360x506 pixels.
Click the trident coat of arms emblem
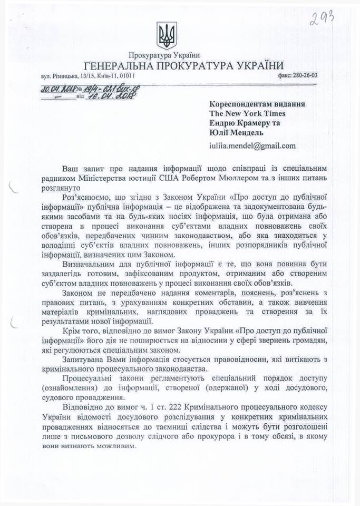coord(167,36)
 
